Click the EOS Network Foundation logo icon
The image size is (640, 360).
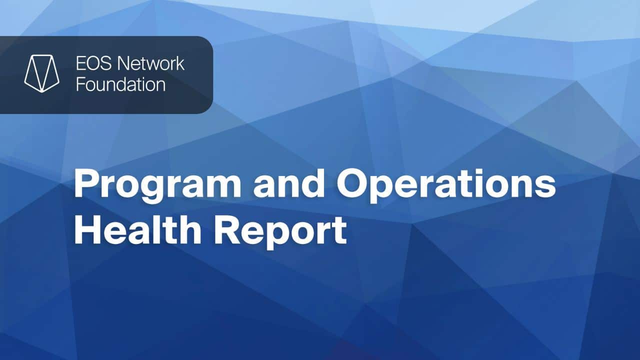tap(42, 73)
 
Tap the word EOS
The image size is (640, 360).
tap(93, 63)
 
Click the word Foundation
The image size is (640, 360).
tap(121, 84)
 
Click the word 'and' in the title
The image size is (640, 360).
tap(289, 183)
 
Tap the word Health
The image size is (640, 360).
tap(138, 230)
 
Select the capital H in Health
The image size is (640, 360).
tap(87, 230)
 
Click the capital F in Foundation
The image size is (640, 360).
tap(81, 84)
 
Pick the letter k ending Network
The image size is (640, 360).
tap(180, 63)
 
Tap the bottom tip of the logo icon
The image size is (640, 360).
tap(42, 92)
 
